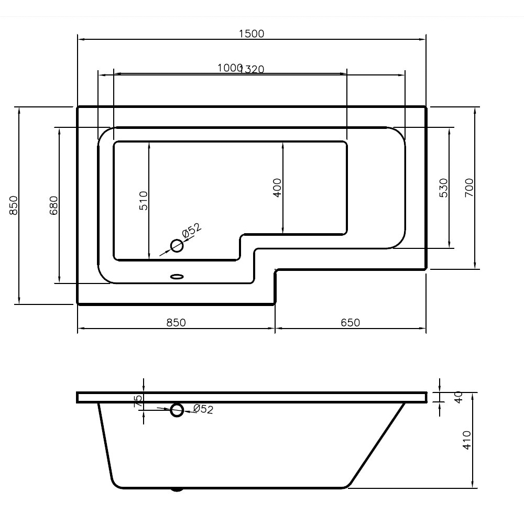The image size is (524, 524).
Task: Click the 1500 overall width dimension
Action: coord(252,34)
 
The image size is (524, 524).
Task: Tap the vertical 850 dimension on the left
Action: coord(14,205)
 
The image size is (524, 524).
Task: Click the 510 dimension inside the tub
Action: coord(144,200)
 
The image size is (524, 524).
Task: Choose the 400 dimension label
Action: coord(277,187)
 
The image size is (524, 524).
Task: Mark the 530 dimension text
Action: coord(443,187)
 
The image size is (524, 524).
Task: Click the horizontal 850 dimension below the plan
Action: coord(176,322)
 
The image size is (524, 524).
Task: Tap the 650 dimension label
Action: coord(350,322)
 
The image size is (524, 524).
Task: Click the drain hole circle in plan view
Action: coord(177,245)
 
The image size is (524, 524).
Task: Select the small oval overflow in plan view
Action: coord(177,276)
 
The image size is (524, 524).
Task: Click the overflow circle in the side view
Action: coord(177,410)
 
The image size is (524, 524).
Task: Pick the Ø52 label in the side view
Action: coord(203,409)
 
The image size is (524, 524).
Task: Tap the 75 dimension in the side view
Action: coord(138,401)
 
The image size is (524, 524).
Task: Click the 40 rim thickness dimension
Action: coord(458,397)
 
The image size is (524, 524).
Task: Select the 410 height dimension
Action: coord(467,440)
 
